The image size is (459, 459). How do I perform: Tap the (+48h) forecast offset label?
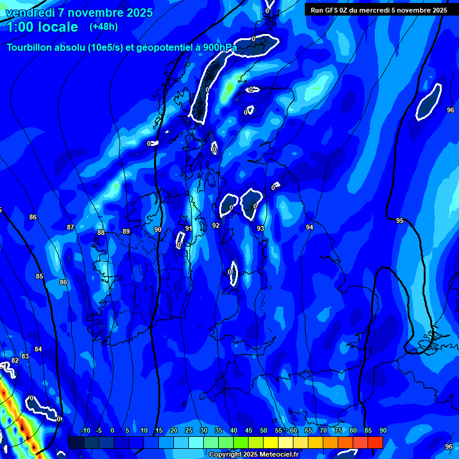(x=104, y=27)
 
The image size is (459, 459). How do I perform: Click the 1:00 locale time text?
(x=42, y=27)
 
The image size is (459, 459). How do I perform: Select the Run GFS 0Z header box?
(x=379, y=10)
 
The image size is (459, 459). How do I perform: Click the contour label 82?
(x=15, y=360)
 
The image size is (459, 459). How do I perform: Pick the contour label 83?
(x=25, y=356)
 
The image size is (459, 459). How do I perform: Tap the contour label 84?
(x=38, y=349)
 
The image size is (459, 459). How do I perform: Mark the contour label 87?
(x=71, y=227)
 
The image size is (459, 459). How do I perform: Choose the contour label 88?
(x=101, y=232)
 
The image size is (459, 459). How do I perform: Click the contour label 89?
(x=126, y=231)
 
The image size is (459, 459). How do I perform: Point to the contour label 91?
(x=189, y=228)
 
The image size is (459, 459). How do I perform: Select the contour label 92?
(x=216, y=225)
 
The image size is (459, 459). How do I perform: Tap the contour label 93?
(x=261, y=228)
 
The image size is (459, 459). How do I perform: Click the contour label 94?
(x=310, y=227)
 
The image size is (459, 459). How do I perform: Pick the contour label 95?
(x=400, y=221)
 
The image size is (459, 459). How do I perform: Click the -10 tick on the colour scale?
(x=85, y=431)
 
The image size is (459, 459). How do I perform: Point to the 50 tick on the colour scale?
(x=264, y=431)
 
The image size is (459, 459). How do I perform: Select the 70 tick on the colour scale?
(x=323, y=431)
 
